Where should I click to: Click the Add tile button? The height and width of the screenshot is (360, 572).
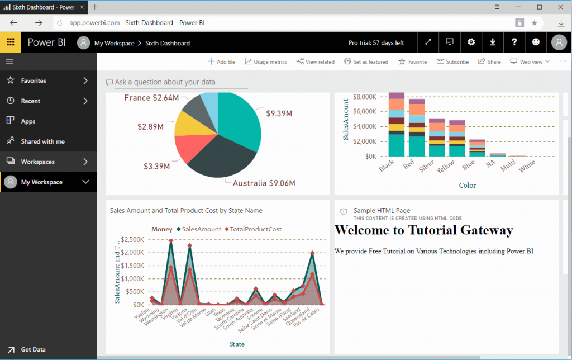click(221, 62)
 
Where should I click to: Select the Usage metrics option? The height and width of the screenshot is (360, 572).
click(266, 62)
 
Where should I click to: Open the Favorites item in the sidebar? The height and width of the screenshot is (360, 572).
click(34, 80)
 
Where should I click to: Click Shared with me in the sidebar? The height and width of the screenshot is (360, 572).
click(42, 141)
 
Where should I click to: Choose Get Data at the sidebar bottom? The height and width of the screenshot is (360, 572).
click(33, 349)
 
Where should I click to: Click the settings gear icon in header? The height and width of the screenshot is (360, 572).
click(471, 42)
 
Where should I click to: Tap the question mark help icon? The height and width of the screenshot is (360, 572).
click(514, 42)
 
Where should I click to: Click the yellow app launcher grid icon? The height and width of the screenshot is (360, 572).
click(11, 42)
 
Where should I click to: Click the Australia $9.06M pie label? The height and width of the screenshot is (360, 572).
click(264, 183)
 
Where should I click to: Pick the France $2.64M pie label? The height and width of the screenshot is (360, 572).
click(151, 98)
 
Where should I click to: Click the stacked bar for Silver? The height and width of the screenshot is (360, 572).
click(437, 137)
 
